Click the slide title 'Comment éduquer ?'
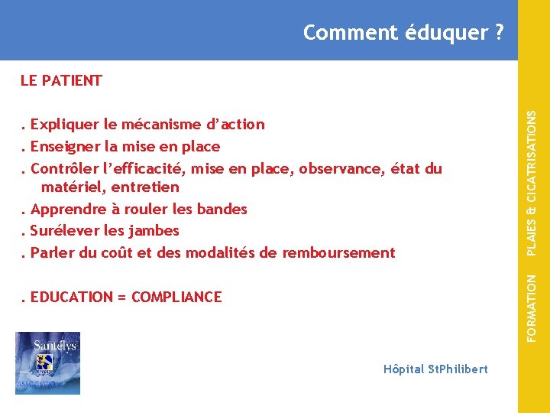click(x=403, y=33)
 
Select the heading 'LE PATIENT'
click(x=61, y=80)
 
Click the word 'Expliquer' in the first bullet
click(x=64, y=125)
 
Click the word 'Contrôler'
click(x=63, y=168)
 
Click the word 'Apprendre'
click(x=66, y=209)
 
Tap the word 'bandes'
click(x=222, y=209)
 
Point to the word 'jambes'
click(x=155, y=230)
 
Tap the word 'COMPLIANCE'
click(x=176, y=297)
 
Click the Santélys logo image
click(x=47, y=363)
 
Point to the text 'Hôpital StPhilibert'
click(x=435, y=369)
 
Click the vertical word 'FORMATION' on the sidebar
click(x=532, y=307)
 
